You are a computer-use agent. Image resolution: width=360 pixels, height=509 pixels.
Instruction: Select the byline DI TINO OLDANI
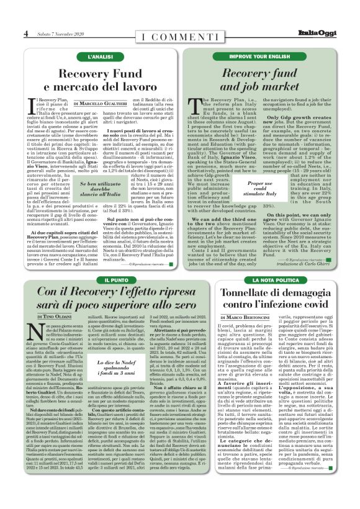click(x=49, y=317)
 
